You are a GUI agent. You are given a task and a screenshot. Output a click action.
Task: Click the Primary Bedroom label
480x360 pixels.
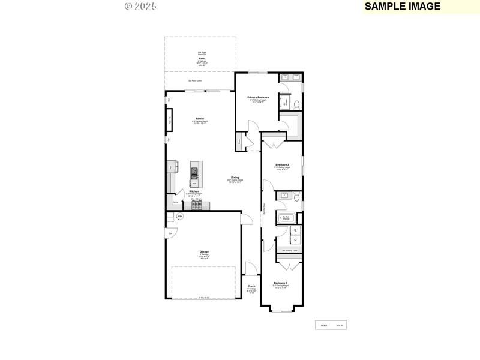[x=258, y=97]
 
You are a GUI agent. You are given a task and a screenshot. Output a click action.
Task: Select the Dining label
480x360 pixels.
[x=235, y=177]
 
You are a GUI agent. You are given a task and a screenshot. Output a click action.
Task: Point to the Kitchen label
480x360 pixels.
[x=194, y=191]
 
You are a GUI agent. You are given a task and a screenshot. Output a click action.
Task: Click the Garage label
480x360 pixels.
[x=205, y=251]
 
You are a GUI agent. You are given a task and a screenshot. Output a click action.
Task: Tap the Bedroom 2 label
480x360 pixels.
[x=282, y=164]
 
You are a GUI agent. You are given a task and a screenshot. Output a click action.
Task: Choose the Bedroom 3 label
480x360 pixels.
[x=281, y=283]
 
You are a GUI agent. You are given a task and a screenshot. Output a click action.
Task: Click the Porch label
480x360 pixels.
[x=251, y=286]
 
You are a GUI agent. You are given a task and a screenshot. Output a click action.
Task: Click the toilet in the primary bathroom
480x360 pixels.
[x=296, y=103]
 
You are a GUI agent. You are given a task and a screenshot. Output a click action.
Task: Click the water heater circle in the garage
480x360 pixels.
[x=179, y=217]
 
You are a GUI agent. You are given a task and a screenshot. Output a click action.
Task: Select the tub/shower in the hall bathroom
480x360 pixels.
[x=286, y=218]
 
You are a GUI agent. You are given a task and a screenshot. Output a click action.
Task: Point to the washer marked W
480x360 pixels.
[x=294, y=230]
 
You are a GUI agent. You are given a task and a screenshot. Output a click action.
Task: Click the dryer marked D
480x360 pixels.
[x=294, y=238]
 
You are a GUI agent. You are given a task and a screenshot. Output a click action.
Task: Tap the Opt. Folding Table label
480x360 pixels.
[x=289, y=250]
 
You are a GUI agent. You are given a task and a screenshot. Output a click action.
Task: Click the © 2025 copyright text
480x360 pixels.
[x=140, y=6]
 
